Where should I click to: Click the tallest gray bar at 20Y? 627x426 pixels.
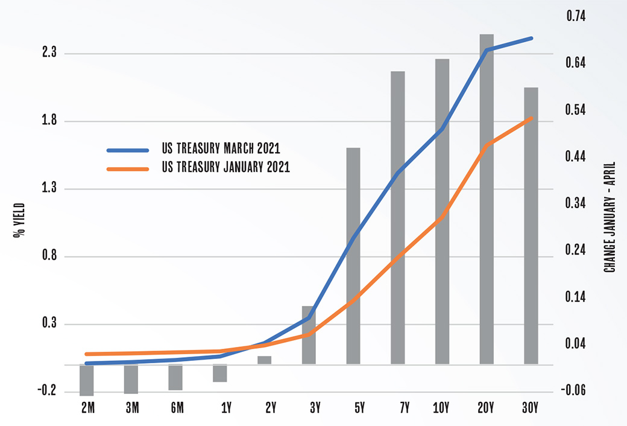coord(487,199)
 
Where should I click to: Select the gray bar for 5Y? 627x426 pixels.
coord(353,256)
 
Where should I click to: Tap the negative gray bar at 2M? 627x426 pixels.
coord(87,380)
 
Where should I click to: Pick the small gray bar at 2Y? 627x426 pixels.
coord(265,360)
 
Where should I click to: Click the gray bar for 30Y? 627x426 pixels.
coord(531,226)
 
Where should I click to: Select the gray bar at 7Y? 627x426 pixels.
coord(398,217)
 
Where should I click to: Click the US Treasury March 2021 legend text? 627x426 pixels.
coord(221,148)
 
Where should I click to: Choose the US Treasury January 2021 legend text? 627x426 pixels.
coord(225,168)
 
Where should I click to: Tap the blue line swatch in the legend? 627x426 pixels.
coord(127,149)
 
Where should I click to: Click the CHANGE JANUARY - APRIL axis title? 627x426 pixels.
coord(610,216)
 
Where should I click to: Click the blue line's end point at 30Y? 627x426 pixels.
coord(532,38)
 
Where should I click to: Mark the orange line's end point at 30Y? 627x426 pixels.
coord(532,118)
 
